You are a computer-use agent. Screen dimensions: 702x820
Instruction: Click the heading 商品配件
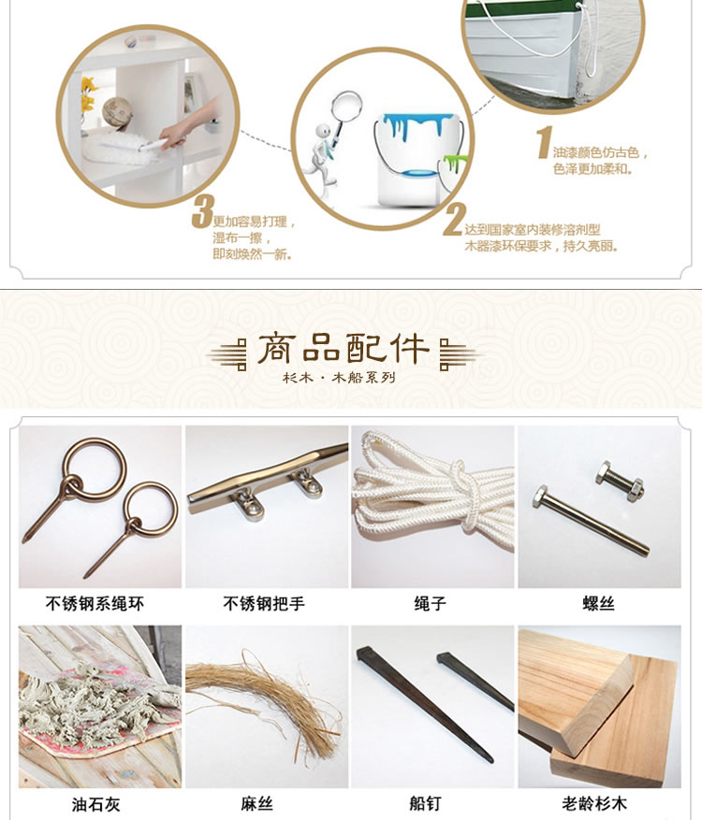344,349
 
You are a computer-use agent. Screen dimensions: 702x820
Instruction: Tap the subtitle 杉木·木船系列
339,378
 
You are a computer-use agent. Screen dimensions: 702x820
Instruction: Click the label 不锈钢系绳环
95,604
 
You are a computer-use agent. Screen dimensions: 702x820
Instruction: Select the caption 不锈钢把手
264,604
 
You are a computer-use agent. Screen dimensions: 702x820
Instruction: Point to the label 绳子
431,604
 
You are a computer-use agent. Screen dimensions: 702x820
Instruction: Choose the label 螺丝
598,604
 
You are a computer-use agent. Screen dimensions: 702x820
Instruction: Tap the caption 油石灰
95,804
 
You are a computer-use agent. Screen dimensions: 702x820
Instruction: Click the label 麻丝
257,804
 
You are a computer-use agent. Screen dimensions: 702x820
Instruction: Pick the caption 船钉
425,804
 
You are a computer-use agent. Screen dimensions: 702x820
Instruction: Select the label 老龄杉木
594,804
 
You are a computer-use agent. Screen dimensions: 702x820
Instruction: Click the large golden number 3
201,212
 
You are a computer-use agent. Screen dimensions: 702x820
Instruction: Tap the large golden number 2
454,220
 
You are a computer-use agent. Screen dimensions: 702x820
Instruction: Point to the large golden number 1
545,142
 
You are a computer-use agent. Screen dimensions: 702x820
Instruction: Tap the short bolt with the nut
620,482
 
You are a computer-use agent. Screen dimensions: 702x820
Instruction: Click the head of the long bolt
540,495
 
